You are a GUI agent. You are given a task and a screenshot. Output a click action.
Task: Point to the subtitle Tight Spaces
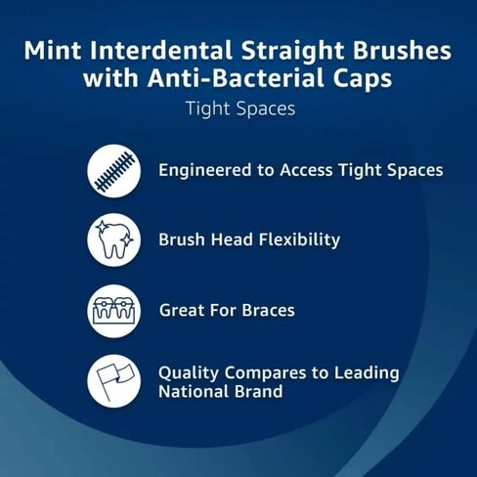pos(239,108)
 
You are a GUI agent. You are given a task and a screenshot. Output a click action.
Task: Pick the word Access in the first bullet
pos(312,170)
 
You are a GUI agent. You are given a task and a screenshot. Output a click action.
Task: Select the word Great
pos(182,311)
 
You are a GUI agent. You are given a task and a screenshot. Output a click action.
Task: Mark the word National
pos(191,392)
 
